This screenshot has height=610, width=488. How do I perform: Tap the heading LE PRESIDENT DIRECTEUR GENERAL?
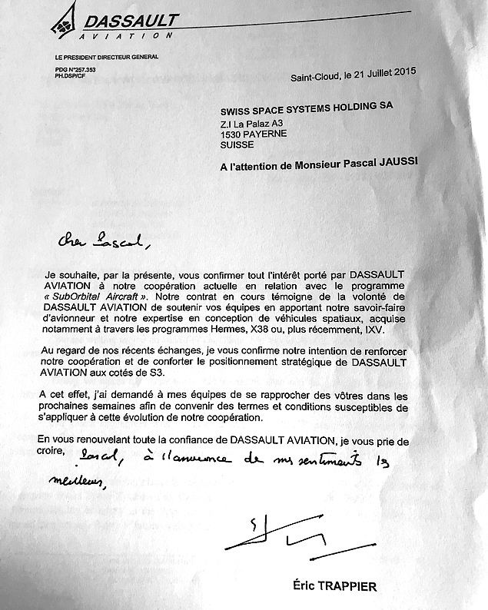click(x=106, y=57)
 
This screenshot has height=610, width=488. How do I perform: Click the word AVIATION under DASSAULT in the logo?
click(x=129, y=35)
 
